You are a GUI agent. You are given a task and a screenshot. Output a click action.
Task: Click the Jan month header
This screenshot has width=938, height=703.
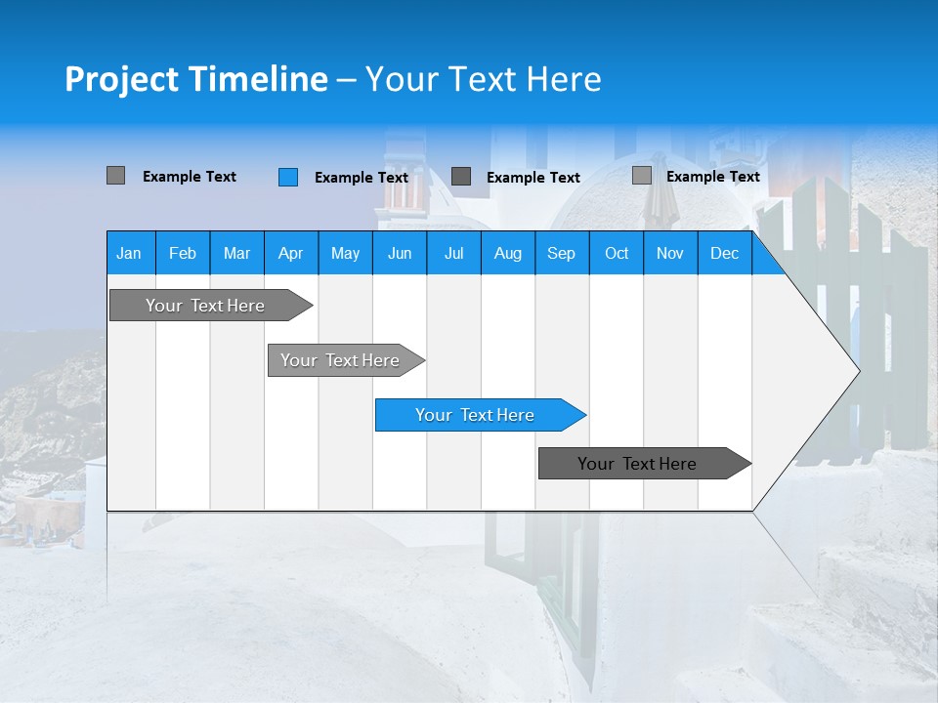point(130,253)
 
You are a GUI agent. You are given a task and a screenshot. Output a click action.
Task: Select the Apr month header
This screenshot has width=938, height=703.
point(291,253)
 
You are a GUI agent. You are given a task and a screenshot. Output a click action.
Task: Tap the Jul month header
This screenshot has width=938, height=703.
point(453,253)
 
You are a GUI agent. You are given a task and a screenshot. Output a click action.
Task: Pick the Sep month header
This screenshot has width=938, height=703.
point(562,253)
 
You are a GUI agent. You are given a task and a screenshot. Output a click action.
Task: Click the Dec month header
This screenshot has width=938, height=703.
point(724,253)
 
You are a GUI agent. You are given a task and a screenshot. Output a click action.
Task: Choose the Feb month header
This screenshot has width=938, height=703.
point(183,253)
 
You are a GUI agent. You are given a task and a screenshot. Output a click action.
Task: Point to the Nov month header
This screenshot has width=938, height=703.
point(670,253)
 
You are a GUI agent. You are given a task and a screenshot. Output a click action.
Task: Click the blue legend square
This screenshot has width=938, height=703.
point(288,177)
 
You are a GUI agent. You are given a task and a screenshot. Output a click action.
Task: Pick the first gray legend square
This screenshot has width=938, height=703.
point(116,176)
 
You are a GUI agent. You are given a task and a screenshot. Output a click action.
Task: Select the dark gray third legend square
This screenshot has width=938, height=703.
point(461,177)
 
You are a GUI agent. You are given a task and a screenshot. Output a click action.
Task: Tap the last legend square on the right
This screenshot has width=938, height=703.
point(642,176)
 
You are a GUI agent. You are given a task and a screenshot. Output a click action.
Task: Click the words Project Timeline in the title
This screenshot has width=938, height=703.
point(195,79)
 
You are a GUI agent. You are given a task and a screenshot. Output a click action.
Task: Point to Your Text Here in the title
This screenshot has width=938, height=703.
point(484,79)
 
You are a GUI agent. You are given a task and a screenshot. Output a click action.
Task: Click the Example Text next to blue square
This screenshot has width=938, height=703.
point(362,178)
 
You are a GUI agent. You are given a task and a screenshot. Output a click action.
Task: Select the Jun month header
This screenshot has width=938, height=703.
point(400,253)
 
